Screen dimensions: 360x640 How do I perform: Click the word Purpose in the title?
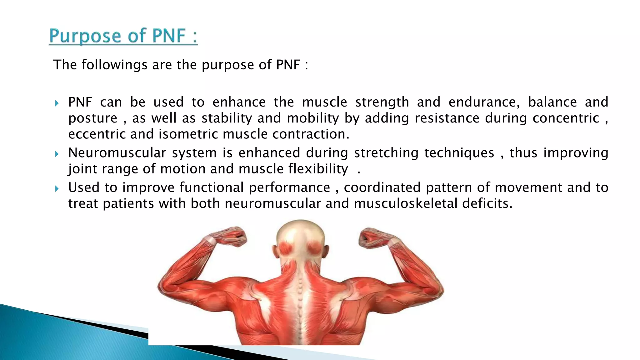[85, 36]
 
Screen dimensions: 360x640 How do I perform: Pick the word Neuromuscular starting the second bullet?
[117, 153]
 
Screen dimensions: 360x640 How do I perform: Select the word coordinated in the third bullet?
[382, 187]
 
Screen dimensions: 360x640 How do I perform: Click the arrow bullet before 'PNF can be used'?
[57, 103]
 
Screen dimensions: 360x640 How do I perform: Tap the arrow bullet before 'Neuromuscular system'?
[57, 154]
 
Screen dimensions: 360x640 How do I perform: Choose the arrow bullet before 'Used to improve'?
[57, 188]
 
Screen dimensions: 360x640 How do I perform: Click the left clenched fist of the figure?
[234, 237]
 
